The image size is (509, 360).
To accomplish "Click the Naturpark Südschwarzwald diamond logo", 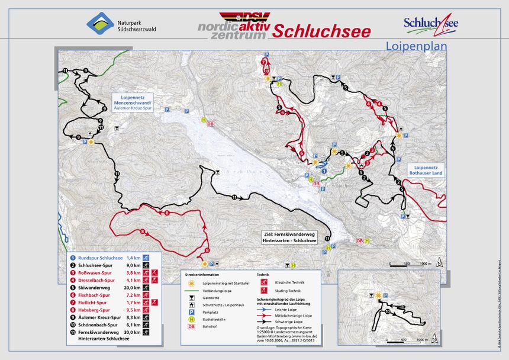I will [x=100, y=24].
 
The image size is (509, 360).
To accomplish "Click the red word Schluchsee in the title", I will [x=321, y=31].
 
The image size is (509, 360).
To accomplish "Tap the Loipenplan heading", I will [x=415, y=46].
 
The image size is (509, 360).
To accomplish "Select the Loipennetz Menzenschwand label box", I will [x=137, y=102].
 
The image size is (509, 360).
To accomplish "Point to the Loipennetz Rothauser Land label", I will [x=424, y=170].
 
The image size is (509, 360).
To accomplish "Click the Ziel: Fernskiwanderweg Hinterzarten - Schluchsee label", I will [x=291, y=237].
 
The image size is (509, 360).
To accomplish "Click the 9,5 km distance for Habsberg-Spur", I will [x=133, y=310].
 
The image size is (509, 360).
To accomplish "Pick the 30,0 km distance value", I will [x=133, y=333].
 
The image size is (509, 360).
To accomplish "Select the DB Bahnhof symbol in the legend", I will [x=191, y=326].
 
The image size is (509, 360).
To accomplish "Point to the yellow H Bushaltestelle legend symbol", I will [x=191, y=318].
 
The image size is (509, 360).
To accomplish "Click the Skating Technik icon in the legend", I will [x=262, y=290].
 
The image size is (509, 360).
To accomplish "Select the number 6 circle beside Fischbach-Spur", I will [x=73, y=294].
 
